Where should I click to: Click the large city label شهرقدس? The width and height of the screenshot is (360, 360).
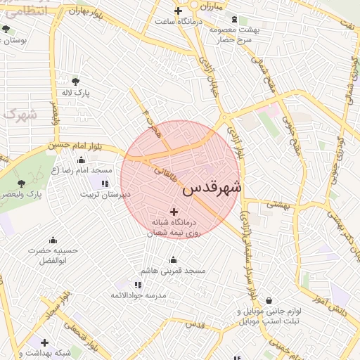(x=212, y=188)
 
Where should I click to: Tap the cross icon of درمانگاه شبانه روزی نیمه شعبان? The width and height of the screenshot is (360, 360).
(x=174, y=211)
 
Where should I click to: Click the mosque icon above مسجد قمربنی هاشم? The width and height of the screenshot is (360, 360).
(x=174, y=259)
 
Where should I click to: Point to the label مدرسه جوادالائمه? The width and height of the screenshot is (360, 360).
(x=138, y=295)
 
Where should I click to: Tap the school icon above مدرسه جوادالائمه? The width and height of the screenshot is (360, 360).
(x=138, y=284)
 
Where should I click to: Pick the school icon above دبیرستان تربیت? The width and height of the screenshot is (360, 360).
(x=104, y=184)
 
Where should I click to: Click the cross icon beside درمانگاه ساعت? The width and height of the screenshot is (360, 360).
(x=178, y=11)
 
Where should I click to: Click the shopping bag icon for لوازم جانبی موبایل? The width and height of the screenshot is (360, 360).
(x=269, y=301)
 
